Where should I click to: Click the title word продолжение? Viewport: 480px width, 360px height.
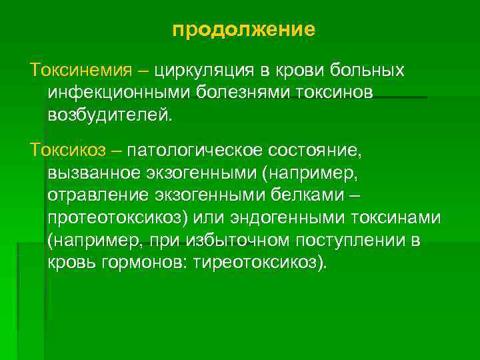coord(243,30)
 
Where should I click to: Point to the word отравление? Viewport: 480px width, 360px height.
coord(96,197)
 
